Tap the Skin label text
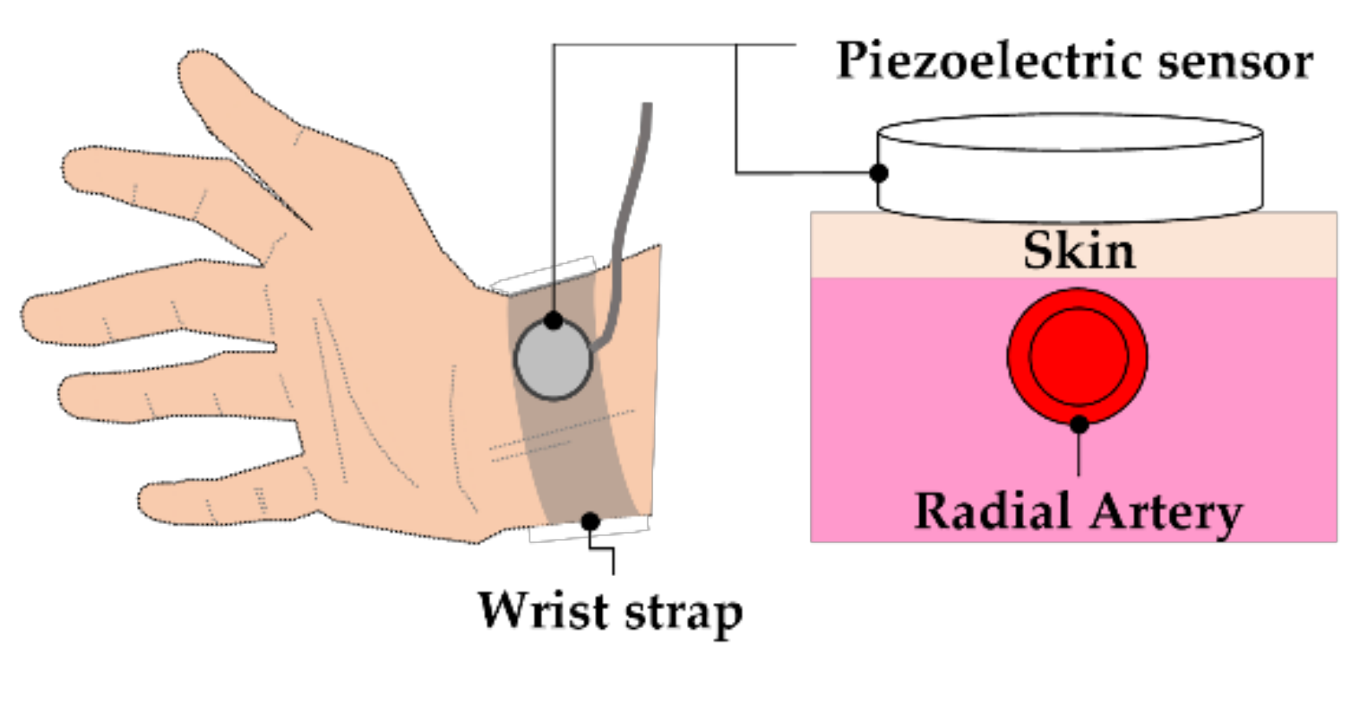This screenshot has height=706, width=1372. click(x=1078, y=250)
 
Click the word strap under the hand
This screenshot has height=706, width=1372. click(x=683, y=613)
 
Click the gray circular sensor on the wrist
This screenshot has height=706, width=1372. click(x=553, y=364)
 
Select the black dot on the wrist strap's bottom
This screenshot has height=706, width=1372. click(x=590, y=521)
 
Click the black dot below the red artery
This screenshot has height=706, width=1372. click(x=1078, y=424)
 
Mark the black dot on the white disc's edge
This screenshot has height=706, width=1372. click(x=878, y=172)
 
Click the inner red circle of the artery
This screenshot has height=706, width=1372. click(x=1078, y=356)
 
